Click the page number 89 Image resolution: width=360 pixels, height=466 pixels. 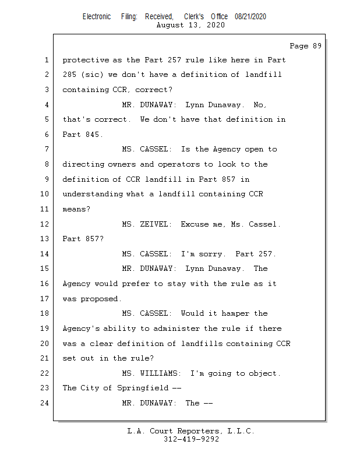click(317, 46)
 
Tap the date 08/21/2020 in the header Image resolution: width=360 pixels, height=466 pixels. click(250, 17)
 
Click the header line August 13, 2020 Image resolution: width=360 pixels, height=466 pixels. click(190, 25)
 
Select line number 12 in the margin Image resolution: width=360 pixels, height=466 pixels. click(45, 224)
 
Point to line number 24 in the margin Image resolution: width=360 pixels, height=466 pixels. click(45, 403)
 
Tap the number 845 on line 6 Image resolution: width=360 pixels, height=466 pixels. click(93, 135)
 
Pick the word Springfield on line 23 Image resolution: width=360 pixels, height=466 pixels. click(143, 388)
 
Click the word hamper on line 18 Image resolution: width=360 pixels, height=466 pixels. click(235, 313)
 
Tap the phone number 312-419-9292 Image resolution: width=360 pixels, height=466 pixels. click(191, 439)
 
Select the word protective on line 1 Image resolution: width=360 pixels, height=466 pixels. click(86, 60)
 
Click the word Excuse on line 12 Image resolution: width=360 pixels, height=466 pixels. click(195, 224)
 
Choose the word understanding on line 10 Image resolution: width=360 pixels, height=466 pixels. click(93, 194)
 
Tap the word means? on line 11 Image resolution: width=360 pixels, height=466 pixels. click(76, 209)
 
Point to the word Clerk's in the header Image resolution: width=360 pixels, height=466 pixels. click(194, 17)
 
